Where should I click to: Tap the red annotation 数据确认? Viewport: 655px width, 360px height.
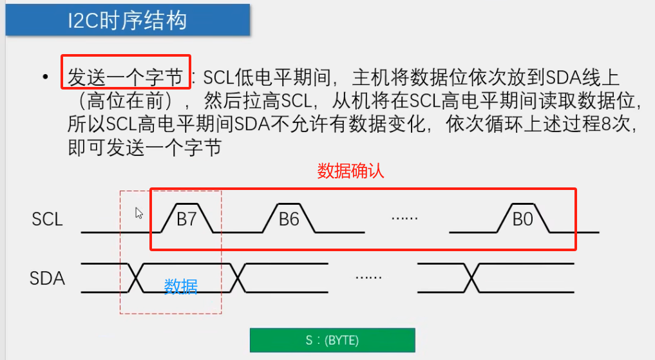click(x=351, y=171)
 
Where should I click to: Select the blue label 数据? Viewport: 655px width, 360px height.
click(x=181, y=287)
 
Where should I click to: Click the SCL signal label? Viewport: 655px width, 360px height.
click(x=47, y=219)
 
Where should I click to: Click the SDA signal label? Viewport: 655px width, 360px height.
click(x=47, y=279)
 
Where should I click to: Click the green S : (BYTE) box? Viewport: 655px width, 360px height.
click(x=332, y=340)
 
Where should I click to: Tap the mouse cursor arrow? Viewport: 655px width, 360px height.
click(x=138, y=213)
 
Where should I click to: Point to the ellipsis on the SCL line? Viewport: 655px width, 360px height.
click(x=404, y=218)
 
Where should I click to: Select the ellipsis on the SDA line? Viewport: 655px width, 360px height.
click(x=368, y=278)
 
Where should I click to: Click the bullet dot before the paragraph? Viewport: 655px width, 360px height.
click(x=45, y=78)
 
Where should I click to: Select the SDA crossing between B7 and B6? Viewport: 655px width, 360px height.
click(x=237, y=278)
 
